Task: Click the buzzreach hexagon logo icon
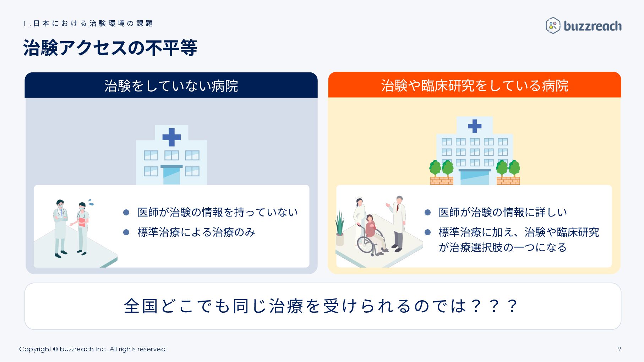(x=553, y=26)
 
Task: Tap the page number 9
(x=619, y=349)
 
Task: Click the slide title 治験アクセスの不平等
(x=110, y=48)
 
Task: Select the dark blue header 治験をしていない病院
(x=171, y=86)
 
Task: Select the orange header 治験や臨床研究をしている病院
(x=474, y=86)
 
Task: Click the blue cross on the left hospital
(x=171, y=137)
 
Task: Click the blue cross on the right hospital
(x=474, y=126)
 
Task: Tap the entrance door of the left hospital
(x=171, y=175)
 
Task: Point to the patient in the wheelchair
(x=371, y=231)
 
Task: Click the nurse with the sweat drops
(x=82, y=227)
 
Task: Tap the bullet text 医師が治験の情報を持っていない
(x=217, y=212)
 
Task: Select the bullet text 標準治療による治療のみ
(x=196, y=232)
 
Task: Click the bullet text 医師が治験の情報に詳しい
(x=502, y=212)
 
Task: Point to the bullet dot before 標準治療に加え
(x=427, y=232)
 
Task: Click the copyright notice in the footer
(x=93, y=349)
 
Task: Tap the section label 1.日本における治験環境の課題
(x=88, y=23)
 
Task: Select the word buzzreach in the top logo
(x=593, y=26)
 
